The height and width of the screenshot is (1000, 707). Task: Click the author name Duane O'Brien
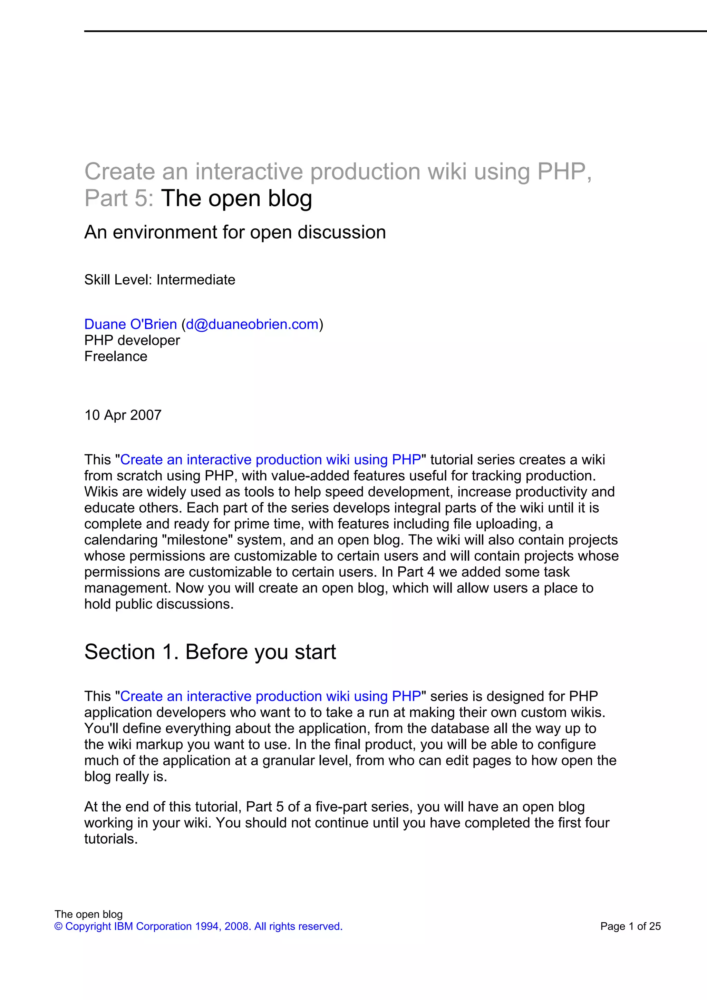[130, 324]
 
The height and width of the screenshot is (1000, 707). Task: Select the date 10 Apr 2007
[123, 415]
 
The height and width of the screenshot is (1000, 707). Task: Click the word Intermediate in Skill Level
[196, 280]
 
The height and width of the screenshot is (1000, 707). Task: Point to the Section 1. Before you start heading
[210, 652]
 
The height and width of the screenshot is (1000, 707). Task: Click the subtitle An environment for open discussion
[235, 232]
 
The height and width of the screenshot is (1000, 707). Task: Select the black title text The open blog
[236, 199]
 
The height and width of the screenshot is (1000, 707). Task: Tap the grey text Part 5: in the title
[119, 199]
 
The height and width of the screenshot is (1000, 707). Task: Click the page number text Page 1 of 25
[630, 927]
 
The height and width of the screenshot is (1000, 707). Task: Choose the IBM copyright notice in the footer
[198, 927]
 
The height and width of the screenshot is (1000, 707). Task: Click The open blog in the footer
[88, 914]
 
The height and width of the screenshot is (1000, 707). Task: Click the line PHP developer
[132, 340]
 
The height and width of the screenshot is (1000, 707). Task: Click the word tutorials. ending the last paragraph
[111, 839]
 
